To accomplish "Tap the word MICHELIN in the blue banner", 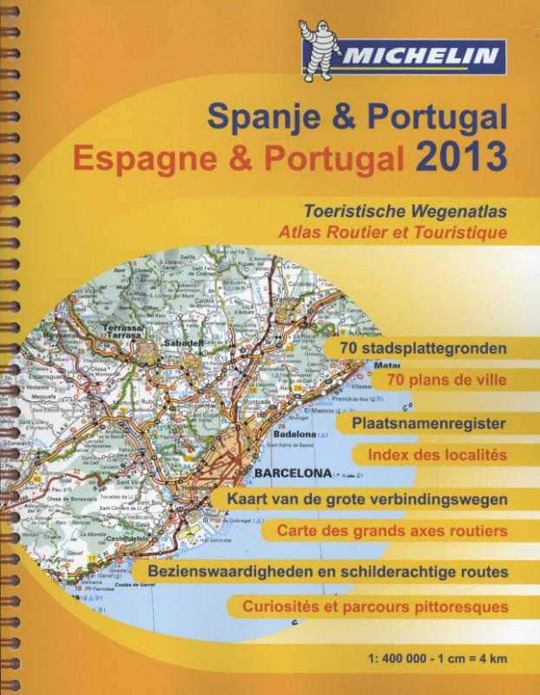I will [x=422, y=59].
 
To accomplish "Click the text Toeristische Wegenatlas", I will [x=405, y=211].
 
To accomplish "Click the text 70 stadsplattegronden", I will [x=424, y=348].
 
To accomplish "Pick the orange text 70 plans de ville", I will [x=446, y=380].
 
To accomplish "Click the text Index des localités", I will [x=437, y=454].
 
